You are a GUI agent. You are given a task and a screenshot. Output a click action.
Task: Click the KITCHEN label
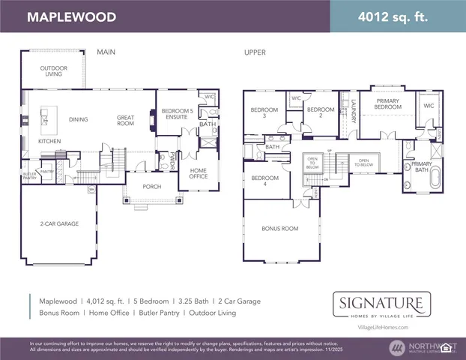click(49, 140)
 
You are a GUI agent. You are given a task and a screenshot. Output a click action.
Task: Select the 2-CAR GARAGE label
click(59, 223)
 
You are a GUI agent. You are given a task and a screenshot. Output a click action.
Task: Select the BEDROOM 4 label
click(264, 180)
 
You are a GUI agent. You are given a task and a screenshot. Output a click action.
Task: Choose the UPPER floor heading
click(255, 52)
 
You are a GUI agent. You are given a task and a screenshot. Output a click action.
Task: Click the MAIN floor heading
click(105, 52)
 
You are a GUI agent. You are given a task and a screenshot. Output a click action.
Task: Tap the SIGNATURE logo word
click(382, 304)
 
